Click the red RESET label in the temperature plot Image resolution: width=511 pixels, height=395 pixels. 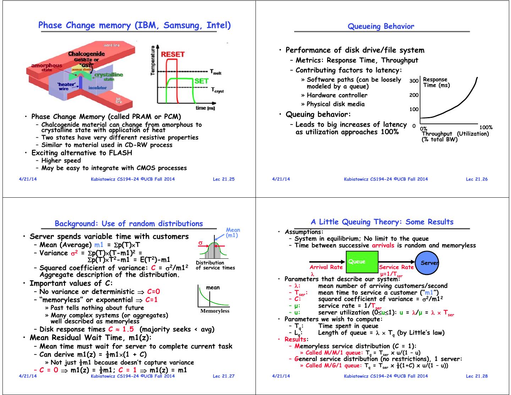point(173,54)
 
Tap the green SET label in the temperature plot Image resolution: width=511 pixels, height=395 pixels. point(201,81)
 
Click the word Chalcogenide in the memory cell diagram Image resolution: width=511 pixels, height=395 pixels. point(87,54)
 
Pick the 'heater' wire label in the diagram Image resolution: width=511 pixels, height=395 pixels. point(66,86)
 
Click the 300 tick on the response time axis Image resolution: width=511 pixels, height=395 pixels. point(414,81)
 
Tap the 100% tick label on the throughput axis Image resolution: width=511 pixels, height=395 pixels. point(486,127)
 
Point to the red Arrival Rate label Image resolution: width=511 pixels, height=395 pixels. point(326,267)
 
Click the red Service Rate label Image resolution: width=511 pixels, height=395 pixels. point(396,267)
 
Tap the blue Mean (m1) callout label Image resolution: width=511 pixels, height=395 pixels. point(232,232)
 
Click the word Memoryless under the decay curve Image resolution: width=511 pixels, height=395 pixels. point(215,311)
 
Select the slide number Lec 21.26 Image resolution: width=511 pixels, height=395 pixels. point(477,179)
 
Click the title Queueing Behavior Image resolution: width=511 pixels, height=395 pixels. point(381,26)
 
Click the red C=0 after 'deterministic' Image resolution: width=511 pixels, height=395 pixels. point(153,292)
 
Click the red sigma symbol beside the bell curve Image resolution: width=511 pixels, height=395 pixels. point(200,243)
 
